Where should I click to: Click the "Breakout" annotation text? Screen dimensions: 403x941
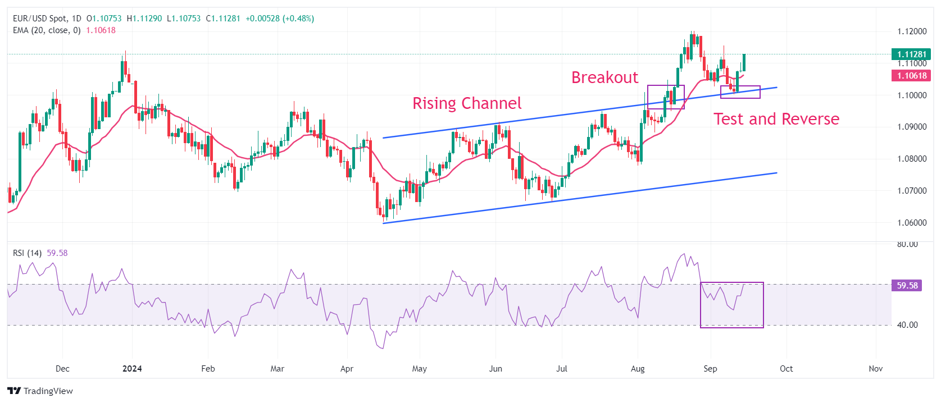pos(604,77)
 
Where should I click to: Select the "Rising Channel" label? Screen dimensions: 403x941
pos(467,103)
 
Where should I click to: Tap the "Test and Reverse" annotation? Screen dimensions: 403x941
pos(776,119)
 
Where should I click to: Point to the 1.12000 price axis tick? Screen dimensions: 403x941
pos(912,31)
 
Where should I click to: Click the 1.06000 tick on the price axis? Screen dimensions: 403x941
pos(912,223)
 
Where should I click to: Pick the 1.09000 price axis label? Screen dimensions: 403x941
pos(912,127)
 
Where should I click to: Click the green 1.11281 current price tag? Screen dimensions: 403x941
pos(911,54)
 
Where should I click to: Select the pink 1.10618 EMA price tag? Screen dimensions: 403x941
pos(911,76)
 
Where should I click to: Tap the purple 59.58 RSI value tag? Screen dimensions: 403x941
pos(907,286)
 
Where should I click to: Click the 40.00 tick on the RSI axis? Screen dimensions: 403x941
pos(907,325)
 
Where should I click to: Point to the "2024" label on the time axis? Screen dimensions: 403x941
pos(132,369)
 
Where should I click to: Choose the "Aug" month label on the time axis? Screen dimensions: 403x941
pos(638,369)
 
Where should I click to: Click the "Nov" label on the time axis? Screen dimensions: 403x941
pos(875,369)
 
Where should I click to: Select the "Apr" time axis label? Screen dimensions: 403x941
pos(347,369)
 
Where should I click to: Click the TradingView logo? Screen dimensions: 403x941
pos(40,391)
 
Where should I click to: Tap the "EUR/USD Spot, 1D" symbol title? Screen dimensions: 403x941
pos(47,19)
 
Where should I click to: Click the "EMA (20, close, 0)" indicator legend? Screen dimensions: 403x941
pos(47,30)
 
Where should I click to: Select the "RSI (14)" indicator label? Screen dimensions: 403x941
pos(27,253)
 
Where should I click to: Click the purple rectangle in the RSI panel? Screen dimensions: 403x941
pos(731,305)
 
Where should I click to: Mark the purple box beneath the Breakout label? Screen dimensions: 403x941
pos(666,97)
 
